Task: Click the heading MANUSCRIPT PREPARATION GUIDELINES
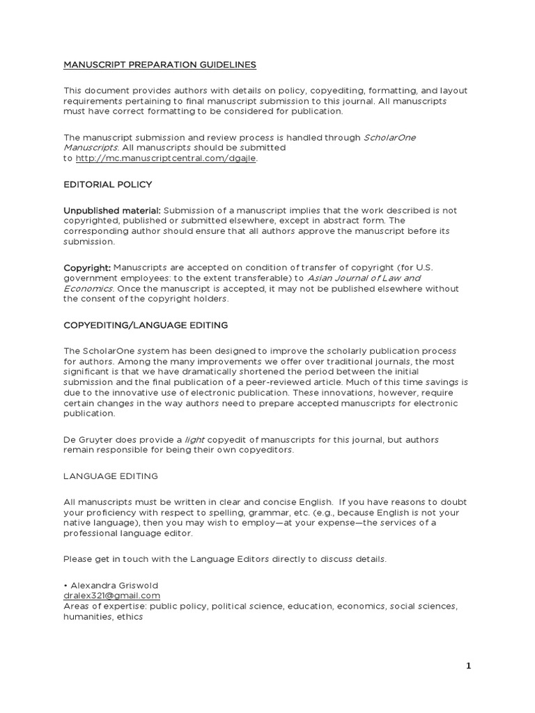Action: (x=160, y=65)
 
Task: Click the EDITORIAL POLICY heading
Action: (x=107, y=185)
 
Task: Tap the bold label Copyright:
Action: (x=87, y=267)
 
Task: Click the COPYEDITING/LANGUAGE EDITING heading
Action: (x=146, y=324)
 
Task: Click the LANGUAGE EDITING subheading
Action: (x=111, y=476)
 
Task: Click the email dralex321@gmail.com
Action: (x=111, y=595)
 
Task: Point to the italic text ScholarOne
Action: (x=389, y=137)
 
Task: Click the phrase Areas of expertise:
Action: (x=103, y=606)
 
